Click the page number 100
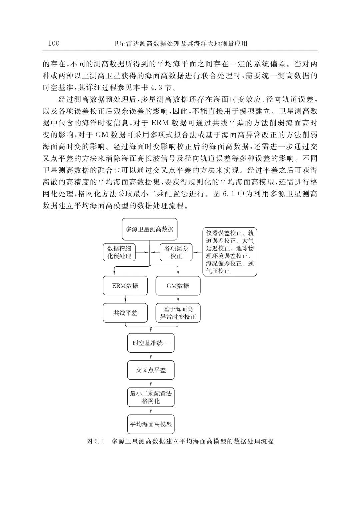[x=54, y=43]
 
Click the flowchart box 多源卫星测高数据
[x=149, y=229]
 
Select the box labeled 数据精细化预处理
[x=119, y=252]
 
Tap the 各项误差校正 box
[x=176, y=252]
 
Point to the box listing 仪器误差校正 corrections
[x=230, y=252]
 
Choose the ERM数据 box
[x=125, y=286]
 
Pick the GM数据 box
[x=178, y=286]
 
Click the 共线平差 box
[x=125, y=313]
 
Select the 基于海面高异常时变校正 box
[x=178, y=313]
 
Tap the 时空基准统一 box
[x=151, y=343]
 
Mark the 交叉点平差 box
[x=151, y=370]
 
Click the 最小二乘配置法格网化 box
[x=151, y=397]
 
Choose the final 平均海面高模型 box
[x=151, y=424]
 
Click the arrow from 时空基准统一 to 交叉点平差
[x=151, y=357]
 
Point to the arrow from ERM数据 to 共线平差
[x=125, y=299]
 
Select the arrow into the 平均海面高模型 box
[x=151, y=411]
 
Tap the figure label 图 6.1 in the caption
[x=95, y=441]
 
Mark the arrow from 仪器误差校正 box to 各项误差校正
[x=198, y=252]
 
